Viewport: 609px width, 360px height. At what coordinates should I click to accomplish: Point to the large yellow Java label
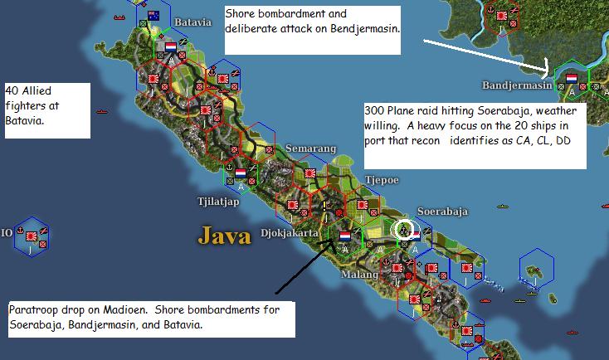coord(223,236)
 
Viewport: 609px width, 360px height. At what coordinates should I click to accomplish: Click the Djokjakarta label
coord(290,233)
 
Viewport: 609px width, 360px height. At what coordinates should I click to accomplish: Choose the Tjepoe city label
coord(382,178)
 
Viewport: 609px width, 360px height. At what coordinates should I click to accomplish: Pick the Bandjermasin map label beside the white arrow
coord(517,85)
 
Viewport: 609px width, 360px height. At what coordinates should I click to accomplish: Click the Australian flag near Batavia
coord(153,16)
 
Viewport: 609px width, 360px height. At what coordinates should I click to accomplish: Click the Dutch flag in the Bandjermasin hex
coord(572,78)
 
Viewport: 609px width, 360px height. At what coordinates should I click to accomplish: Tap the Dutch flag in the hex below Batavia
coord(171,47)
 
